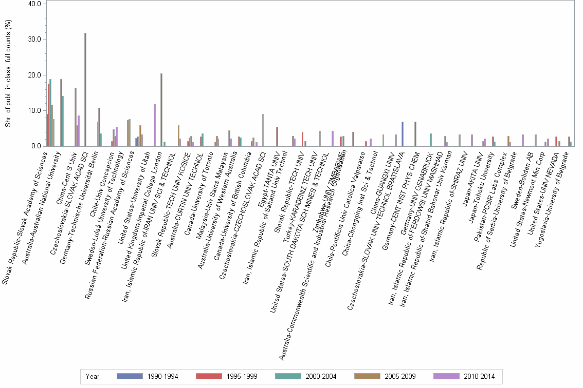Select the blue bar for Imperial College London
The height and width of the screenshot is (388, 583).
[x=161, y=110]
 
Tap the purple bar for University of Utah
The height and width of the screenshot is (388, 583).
[x=154, y=125]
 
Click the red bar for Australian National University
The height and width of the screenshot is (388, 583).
[x=61, y=113]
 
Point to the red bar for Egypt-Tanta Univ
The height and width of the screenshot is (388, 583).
[x=277, y=137]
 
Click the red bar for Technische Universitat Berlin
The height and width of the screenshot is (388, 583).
[x=99, y=127]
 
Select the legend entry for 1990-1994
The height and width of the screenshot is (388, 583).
[x=148, y=376]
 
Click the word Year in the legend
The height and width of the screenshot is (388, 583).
[x=93, y=376]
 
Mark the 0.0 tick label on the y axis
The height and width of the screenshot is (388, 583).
[x=36, y=146]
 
